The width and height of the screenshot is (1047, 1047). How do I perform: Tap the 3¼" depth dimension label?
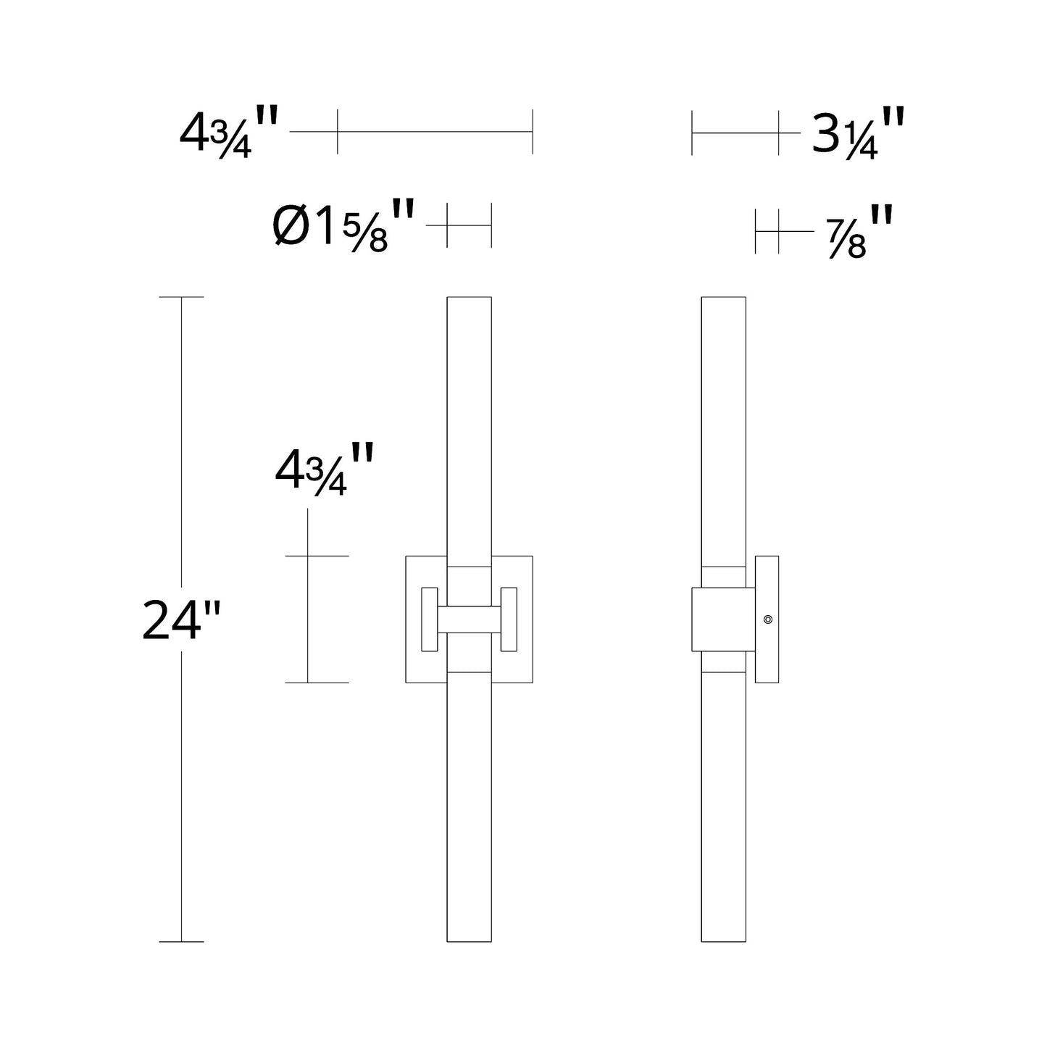[x=857, y=133]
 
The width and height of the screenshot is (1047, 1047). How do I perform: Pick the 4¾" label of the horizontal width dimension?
[x=228, y=133]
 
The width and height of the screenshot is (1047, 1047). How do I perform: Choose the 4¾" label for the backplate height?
[x=323, y=470]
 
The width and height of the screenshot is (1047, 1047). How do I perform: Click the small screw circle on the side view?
[x=768, y=620]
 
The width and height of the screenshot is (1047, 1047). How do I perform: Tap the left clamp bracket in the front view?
[x=429, y=620]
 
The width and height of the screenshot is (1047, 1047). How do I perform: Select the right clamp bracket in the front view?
[x=509, y=620]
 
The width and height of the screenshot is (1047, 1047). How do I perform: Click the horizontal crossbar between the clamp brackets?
[x=469, y=620]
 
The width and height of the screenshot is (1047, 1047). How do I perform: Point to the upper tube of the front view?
[x=469, y=427]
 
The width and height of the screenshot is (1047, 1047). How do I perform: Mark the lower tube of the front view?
[x=469, y=804]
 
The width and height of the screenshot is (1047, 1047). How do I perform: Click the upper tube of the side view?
[x=724, y=427]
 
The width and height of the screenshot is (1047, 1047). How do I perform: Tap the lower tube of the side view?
[x=724, y=804]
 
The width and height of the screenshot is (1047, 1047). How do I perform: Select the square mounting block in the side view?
[x=723, y=620]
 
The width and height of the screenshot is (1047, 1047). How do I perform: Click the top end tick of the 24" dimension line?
[x=181, y=297]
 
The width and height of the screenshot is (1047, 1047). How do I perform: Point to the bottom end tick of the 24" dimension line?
[x=181, y=942]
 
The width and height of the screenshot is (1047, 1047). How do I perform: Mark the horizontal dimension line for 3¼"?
[x=735, y=133]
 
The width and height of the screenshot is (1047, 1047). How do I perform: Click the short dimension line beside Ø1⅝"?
[x=469, y=225]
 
